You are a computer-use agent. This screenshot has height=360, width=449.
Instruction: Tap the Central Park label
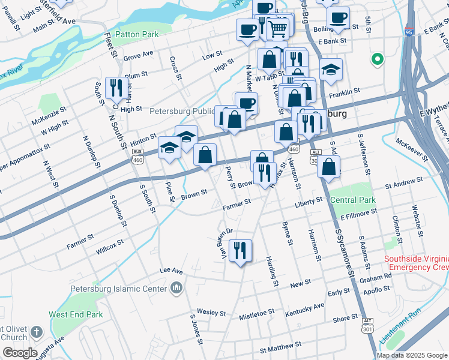(x=353, y=200)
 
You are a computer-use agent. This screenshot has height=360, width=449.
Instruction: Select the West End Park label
(x=76, y=314)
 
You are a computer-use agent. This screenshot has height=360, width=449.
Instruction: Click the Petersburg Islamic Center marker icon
(x=176, y=289)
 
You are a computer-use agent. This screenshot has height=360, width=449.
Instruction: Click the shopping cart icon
(x=277, y=27)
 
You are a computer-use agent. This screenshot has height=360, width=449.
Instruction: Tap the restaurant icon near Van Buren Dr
(x=240, y=250)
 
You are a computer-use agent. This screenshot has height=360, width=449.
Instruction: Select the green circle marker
(x=378, y=59)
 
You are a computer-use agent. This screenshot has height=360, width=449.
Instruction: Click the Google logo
(x=19, y=353)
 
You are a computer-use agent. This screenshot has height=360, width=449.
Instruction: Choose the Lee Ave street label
(x=170, y=271)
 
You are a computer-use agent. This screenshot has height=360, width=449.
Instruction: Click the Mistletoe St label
(x=256, y=313)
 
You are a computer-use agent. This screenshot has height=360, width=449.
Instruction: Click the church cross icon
(x=36, y=332)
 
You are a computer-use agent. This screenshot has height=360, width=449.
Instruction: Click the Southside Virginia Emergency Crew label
(x=416, y=263)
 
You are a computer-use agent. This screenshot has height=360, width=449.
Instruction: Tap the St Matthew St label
(x=279, y=349)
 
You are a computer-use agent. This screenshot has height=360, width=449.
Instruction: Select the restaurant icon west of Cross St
(x=114, y=87)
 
